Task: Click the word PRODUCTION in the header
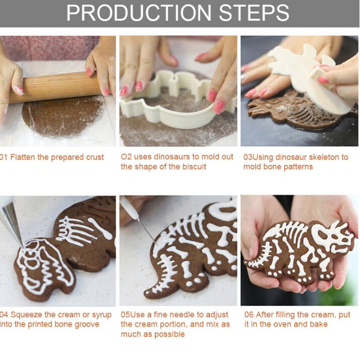(139, 13)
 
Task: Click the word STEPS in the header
(254, 13)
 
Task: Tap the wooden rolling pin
(55, 87)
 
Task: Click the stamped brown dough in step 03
(297, 109)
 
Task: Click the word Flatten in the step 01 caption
(23, 157)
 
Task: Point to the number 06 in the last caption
(249, 315)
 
